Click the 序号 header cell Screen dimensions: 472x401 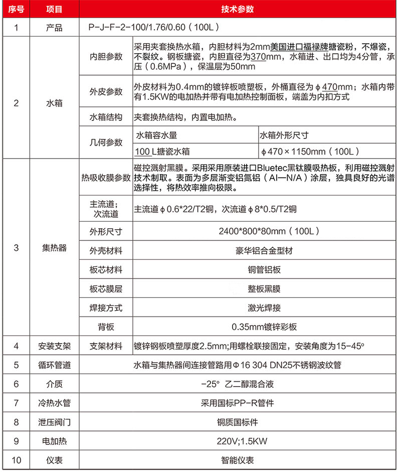click(17, 9)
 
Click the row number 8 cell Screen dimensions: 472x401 click(17, 422)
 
